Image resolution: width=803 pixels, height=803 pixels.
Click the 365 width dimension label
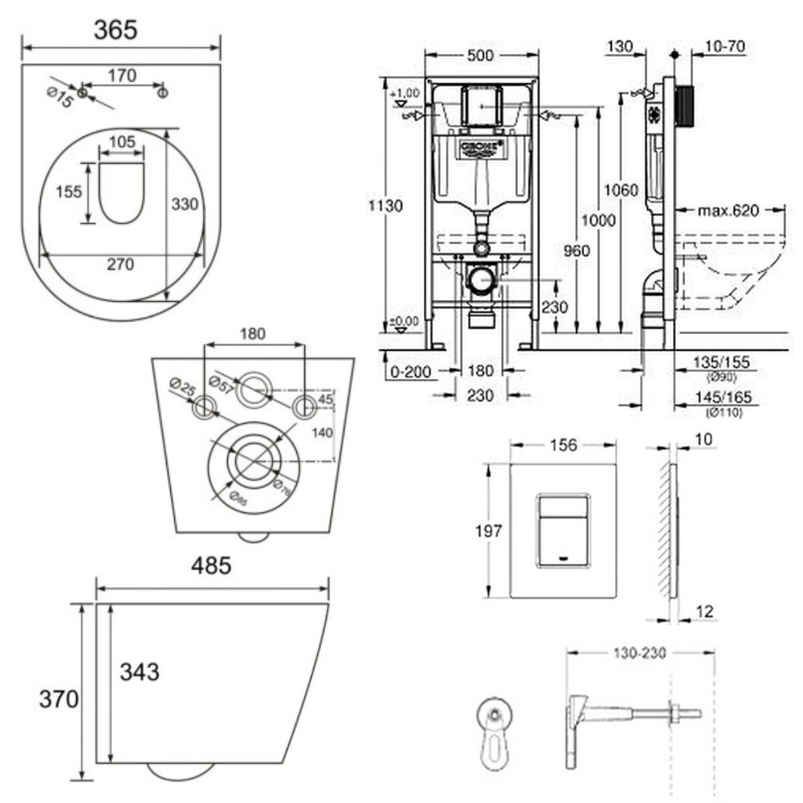click(116, 30)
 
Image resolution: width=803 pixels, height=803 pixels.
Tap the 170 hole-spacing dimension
click(122, 76)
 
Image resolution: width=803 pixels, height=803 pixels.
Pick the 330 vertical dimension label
click(184, 205)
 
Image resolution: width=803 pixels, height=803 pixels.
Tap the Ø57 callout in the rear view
click(219, 381)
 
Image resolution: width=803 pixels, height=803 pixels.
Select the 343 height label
click(139, 671)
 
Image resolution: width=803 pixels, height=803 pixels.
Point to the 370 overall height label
click(59, 699)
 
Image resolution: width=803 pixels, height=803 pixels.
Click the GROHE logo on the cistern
click(481, 148)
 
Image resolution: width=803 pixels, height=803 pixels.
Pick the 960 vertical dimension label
click(576, 251)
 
